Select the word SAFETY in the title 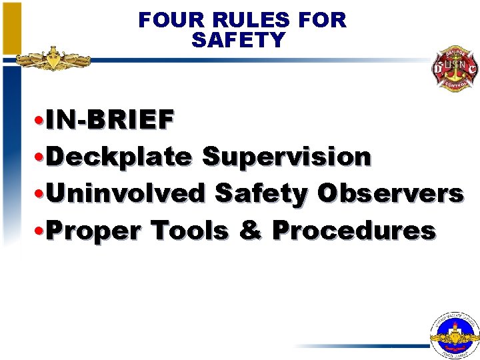(x=238, y=41)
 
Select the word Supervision (x=286, y=157)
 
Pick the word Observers (x=389, y=194)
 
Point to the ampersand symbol (x=250, y=231)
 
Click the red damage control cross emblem (x=454, y=68)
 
